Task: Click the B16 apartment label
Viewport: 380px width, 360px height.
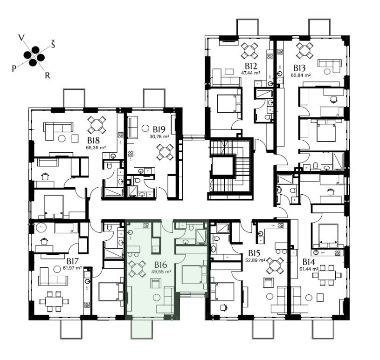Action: pos(161,265)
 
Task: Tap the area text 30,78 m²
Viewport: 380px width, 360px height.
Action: pos(159,136)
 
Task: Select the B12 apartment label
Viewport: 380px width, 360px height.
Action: pos(251,66)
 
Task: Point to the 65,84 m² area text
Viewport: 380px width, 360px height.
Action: pos(301,75)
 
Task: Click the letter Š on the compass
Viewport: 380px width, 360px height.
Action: pos(53,44)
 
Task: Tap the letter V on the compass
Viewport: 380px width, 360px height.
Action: pos(22,38)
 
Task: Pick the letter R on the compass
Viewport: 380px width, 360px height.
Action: pos(48,75)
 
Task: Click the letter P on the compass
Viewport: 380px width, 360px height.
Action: pos(14,69)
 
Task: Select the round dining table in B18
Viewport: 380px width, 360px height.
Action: pos(97,125)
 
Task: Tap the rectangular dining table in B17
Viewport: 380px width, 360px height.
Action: pos(54,301)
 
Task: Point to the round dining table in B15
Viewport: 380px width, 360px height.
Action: pos(275,266)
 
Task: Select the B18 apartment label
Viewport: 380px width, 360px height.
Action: pos(94,141)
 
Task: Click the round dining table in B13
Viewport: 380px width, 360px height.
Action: pos(305,51)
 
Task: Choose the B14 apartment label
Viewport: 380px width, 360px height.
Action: pos(309,262)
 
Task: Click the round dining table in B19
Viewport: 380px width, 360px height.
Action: pos(165,152)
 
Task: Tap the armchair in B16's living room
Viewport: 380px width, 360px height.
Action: pos(156,283)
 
